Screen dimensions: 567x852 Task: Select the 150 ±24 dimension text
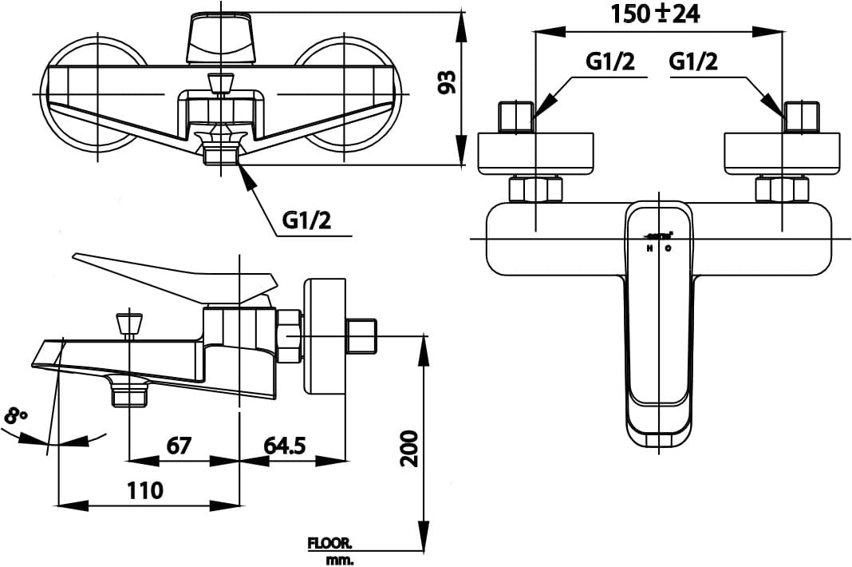pos(654,14)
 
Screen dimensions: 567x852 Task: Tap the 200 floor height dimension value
pos(408,448)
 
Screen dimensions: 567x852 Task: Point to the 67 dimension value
pos(178,444)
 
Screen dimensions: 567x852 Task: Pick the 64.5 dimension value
pos(286,444)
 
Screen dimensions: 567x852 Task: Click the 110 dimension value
pos(144,490)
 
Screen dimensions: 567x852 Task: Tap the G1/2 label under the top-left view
pos(306,220)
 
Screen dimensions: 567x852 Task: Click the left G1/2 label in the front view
pos(610,61)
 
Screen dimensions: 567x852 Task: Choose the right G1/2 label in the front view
pos(693,61)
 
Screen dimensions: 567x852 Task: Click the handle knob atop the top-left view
pos(221,38)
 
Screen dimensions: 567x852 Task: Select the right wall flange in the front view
pos(782,153)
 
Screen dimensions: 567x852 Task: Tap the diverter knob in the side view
pos(128,323)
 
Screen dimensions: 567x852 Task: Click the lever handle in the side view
pos(176,276)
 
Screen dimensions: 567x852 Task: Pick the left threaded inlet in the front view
pos(515,117)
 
